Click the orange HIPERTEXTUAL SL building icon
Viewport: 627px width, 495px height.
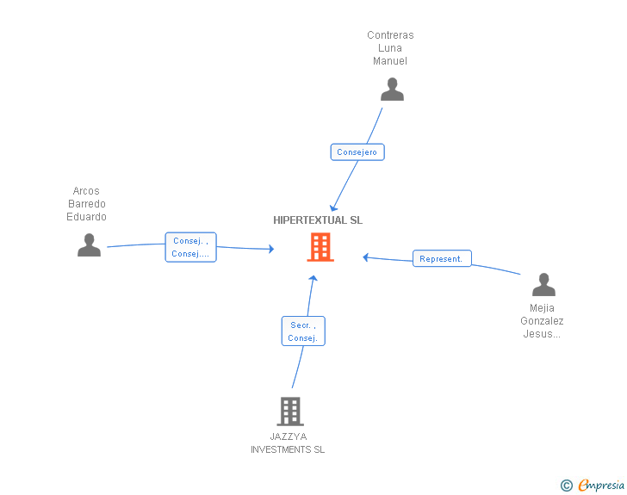pos(320,247)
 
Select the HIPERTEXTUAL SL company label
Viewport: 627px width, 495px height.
pos(318,220)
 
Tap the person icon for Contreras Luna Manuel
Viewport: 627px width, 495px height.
pos(392,90)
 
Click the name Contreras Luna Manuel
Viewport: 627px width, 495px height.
pos(390,48)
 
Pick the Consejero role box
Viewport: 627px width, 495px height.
pos(357,152)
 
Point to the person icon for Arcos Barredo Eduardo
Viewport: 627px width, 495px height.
pos(89,245)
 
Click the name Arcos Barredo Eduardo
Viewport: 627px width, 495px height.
pos(86,204)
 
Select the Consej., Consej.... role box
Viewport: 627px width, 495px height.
pos(190,247)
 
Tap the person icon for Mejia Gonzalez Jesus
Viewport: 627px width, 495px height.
pos(543,284)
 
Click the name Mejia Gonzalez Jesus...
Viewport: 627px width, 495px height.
pos(542,321)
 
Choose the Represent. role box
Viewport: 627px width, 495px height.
pos(442,258)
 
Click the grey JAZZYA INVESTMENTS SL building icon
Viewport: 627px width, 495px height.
pos(290,411)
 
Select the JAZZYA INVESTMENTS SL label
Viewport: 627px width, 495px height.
pos(288,443)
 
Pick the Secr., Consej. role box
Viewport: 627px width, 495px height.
pos(303,331)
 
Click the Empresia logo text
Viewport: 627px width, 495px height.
pos(600,486)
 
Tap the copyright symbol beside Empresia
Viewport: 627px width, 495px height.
pos(566,486)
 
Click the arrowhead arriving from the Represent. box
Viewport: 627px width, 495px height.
pos(366,257)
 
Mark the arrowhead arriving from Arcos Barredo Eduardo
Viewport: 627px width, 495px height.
pos(271,250)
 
